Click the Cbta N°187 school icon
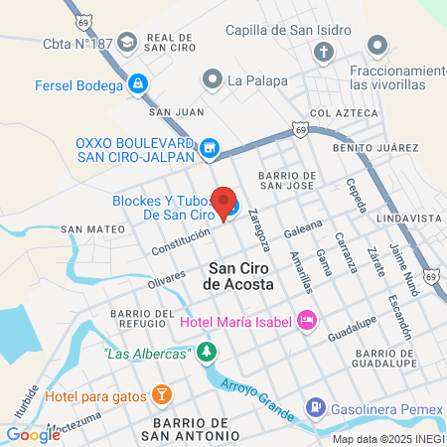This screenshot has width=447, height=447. (x=127, y=43)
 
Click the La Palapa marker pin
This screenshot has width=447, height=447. (x=211, y=78)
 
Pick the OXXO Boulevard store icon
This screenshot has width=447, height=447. (x=209, y=150)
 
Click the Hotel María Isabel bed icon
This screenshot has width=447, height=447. (x=306, y=321)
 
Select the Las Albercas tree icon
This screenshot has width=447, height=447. (x=206, y=352)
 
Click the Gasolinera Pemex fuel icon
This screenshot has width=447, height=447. (x=314, y=406)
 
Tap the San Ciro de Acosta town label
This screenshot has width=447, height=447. (x=243, y=276)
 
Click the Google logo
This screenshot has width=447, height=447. (x=33, y=433)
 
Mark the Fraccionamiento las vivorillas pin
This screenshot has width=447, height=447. (x=376, y=46)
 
